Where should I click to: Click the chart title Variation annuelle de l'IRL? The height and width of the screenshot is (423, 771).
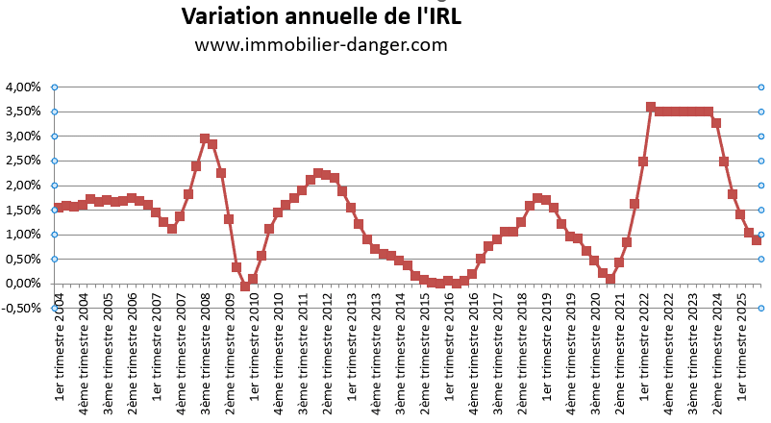(320, 16)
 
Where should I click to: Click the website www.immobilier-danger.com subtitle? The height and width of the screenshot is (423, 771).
(320, 44)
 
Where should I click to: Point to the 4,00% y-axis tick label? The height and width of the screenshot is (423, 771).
(23, 87)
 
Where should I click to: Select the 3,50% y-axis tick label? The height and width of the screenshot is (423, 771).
(23, 112)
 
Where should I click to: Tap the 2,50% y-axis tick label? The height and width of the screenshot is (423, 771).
(23, 161)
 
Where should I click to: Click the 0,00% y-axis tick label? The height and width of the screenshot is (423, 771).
(23, 284)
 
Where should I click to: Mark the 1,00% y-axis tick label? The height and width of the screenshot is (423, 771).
(23, 235)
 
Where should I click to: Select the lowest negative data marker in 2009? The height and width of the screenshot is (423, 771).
(245, 286)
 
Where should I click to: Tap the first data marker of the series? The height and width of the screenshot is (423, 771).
(59, 208)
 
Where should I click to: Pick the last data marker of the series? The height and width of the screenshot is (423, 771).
(757, 240)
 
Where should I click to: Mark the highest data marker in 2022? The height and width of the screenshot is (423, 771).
(651, 107)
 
